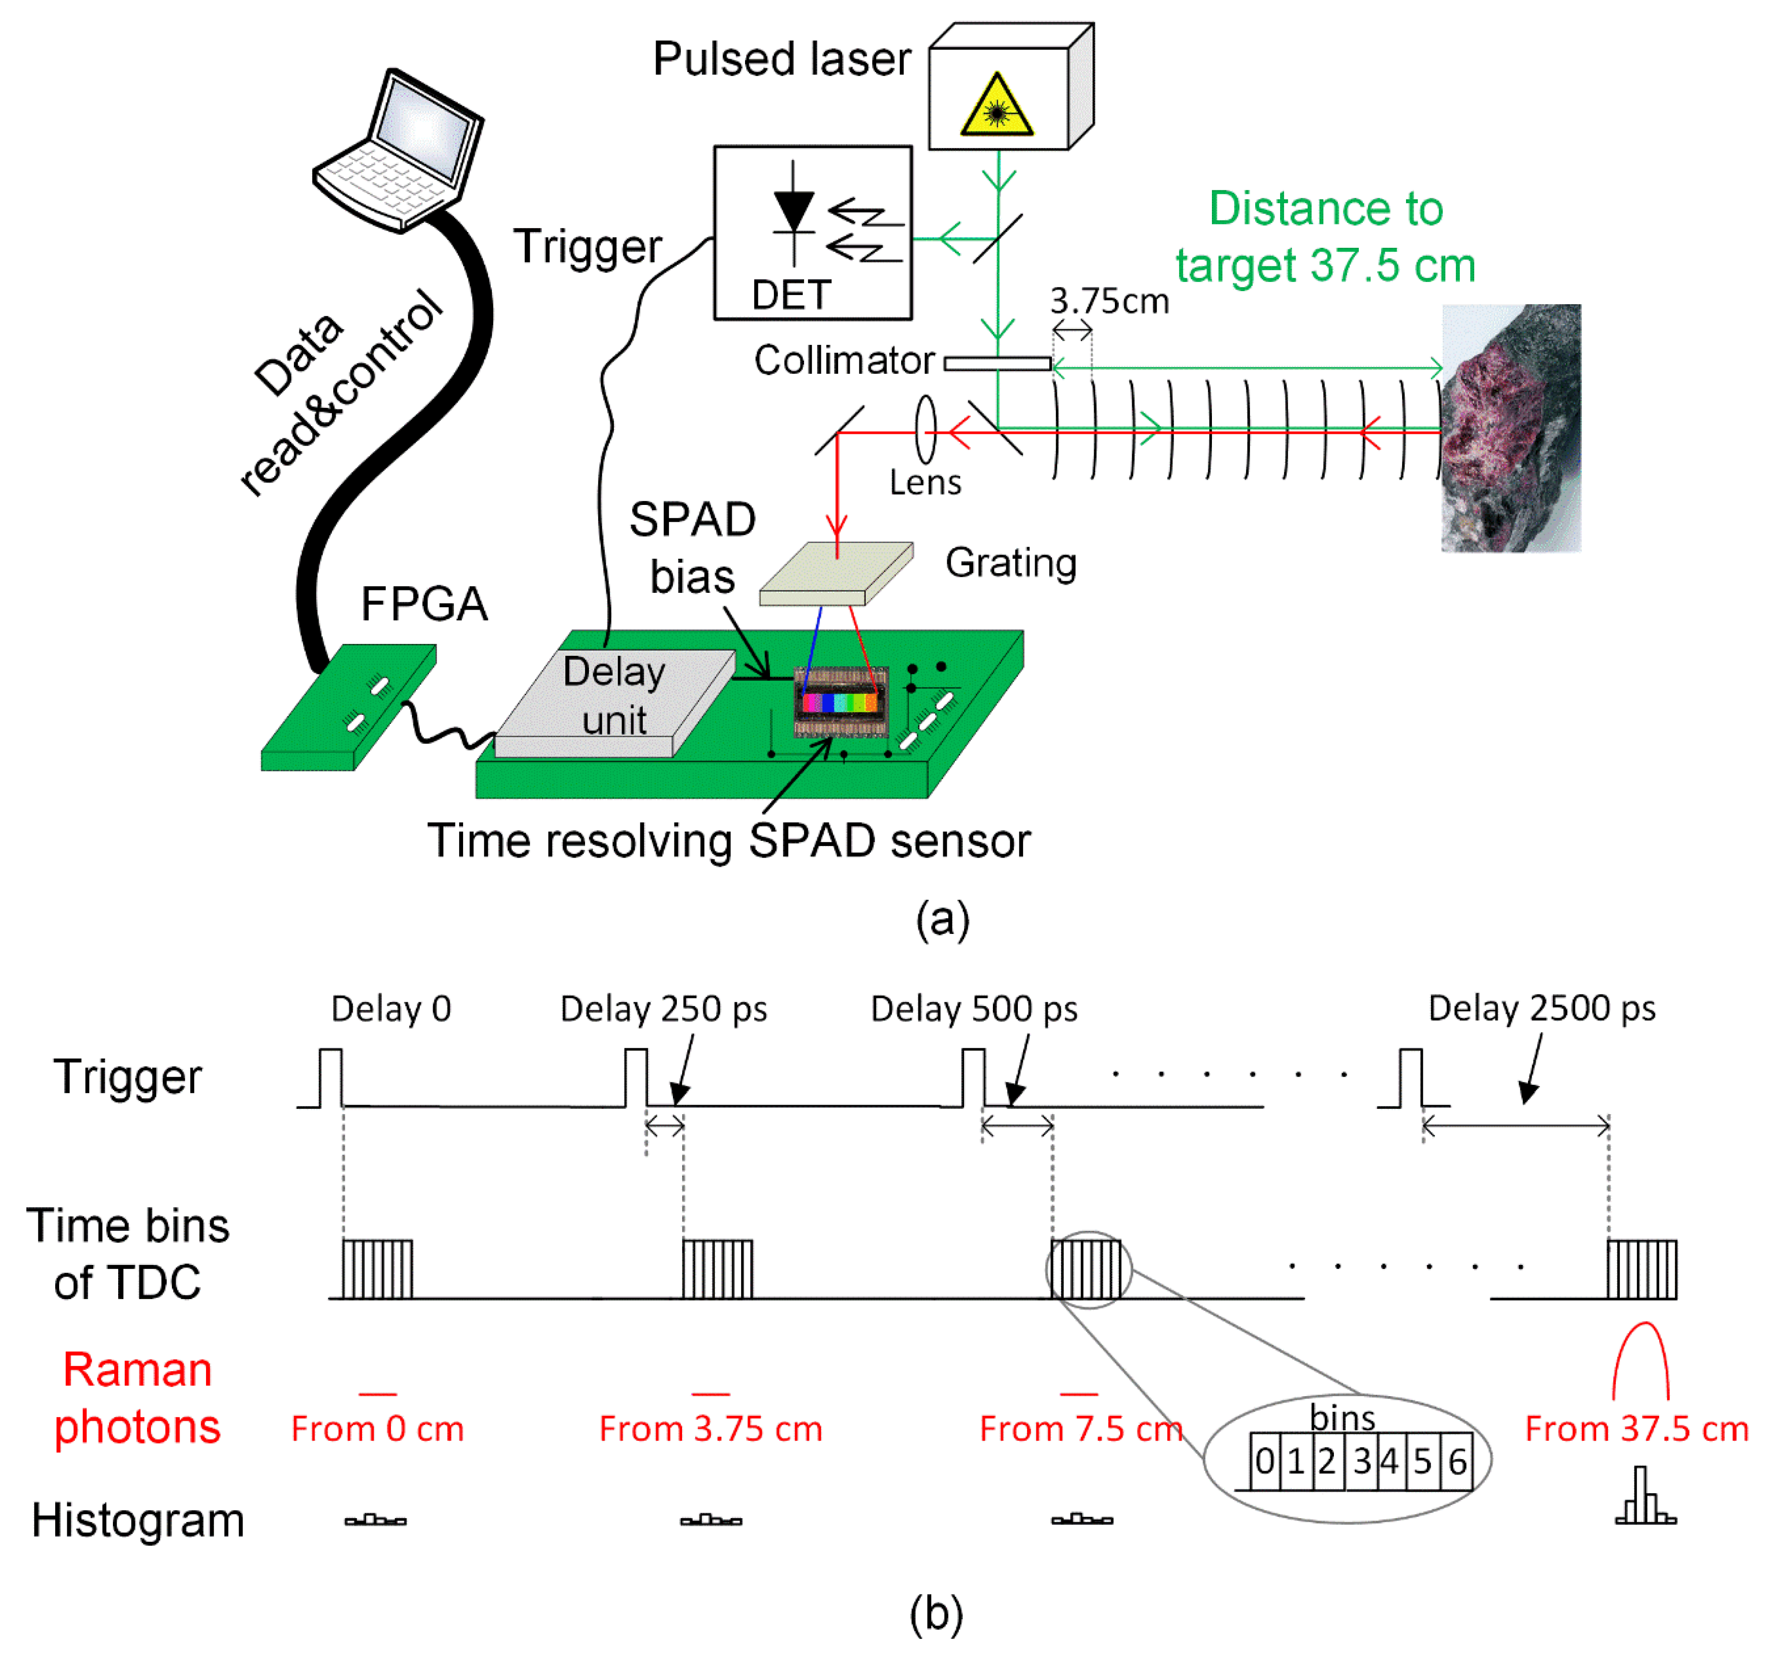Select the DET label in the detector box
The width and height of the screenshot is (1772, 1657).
(x=791, y=294)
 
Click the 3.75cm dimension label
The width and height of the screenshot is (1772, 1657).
(x=1109, y=301)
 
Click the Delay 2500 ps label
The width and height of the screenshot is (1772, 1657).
(x=1541, y=1008)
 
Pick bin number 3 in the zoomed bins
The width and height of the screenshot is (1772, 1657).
(x=1361, y=1461)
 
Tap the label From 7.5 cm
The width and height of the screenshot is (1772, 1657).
(x=1080, y=1429)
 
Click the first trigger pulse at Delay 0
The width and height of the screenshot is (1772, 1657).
(x=330, y=1077)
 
